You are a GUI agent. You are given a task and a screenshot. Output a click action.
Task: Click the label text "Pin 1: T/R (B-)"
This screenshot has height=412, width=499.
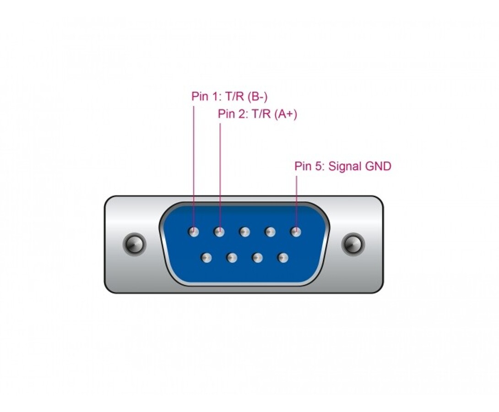pos(229,97)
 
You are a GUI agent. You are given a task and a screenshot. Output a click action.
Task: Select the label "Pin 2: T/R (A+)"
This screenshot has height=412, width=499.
pos(257,114)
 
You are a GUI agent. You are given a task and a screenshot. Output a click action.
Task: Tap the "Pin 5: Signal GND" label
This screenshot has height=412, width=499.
pos(343,166)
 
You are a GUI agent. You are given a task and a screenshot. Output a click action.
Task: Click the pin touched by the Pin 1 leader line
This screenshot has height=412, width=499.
pos(194,232)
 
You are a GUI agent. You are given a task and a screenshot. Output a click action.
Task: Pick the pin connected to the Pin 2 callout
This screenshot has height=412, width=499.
pos(219,232)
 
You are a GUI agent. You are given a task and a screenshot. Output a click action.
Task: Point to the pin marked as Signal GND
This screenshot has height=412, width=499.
pos(296,232)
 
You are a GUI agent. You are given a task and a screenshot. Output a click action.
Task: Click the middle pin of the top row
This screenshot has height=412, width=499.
pos(244,232)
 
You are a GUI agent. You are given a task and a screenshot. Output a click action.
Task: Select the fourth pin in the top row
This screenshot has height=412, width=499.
pos(270,232)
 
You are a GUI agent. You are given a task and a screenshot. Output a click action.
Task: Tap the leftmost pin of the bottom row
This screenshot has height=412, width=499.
pos(206,258)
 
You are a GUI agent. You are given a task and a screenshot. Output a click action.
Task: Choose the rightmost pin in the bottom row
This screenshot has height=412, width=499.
pos(283,258)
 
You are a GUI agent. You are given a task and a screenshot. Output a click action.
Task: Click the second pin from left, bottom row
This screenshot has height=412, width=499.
pos(232,258)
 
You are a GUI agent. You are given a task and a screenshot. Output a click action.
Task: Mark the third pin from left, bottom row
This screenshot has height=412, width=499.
pos(257,258)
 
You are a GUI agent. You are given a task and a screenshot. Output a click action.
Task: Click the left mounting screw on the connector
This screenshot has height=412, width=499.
pos(134,244)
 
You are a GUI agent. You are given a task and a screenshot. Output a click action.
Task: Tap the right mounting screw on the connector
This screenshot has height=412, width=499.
pos(353,244)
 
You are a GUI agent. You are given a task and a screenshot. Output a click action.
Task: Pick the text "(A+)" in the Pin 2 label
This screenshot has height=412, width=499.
pos(286,114)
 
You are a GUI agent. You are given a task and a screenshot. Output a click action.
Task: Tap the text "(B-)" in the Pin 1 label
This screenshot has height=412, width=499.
pos(257,97)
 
